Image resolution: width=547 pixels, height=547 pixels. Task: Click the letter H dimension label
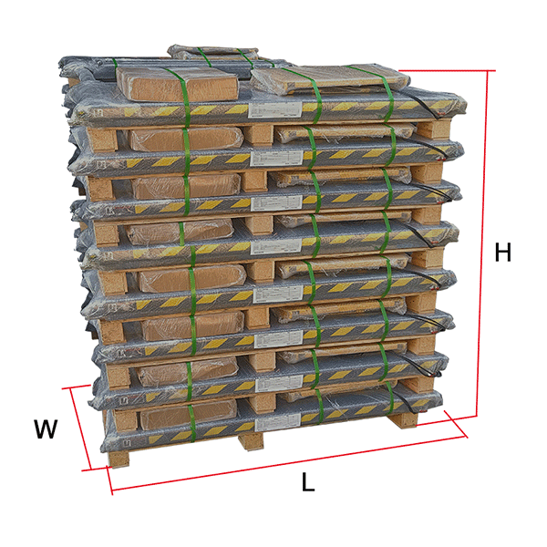[502, 252]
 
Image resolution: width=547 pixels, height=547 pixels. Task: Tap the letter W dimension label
[46, 428]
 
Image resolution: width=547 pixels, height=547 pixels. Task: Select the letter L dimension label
[308, 482]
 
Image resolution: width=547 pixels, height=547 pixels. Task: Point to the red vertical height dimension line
[482, 244]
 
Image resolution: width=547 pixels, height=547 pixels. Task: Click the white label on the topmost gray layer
[274, 110]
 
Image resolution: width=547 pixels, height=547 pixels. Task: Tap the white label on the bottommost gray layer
[278, 424]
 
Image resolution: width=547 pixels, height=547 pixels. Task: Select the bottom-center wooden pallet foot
[251, 440]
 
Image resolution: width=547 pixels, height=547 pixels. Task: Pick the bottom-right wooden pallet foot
[404, 419]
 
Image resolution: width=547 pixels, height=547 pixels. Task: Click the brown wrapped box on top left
[177, 84]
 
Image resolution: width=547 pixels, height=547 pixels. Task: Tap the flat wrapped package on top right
[330, 79]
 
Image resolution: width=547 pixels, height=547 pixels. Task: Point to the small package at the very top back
[212, 52]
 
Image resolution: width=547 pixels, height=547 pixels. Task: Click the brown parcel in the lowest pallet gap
[189, 414]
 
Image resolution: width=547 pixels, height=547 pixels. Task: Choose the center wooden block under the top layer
[258, 134]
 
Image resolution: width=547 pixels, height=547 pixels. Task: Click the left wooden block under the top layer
[102, 139]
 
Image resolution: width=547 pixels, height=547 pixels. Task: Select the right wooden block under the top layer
[433, 129]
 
